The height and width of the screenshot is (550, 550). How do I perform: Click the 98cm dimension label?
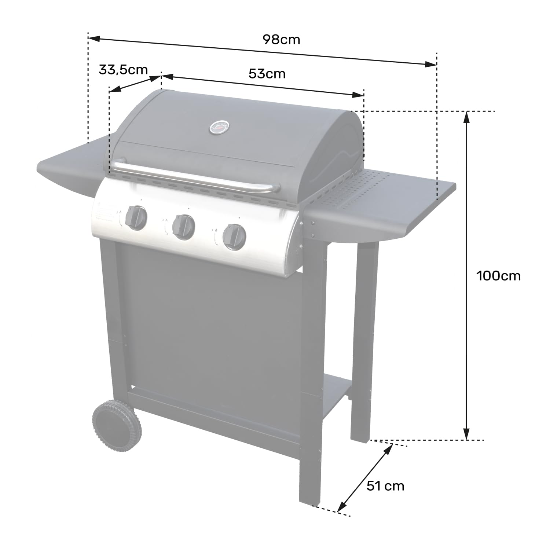click(281, 39)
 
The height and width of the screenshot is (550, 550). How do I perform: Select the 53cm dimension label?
click(267, 74)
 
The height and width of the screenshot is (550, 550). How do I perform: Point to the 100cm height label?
click(498, 275)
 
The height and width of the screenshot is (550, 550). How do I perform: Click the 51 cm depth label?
click(385, 486)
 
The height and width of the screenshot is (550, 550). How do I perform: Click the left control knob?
click(136, 217)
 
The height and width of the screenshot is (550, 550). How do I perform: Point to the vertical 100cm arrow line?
click(466, 275)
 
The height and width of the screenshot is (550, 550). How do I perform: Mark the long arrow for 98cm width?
click(262, 51)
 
